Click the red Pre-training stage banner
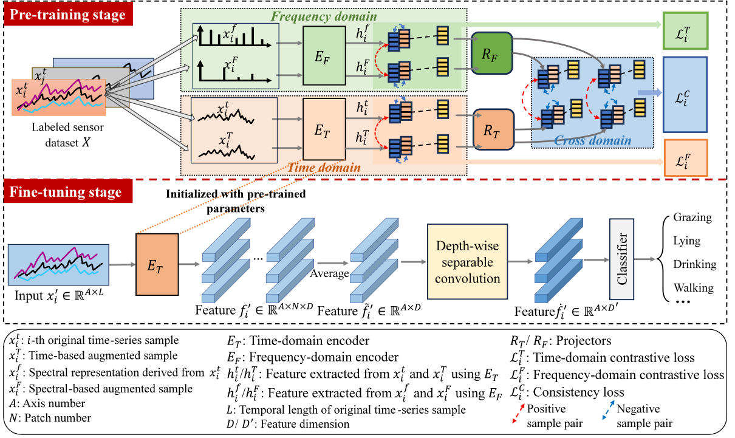67,15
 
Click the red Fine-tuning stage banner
66,193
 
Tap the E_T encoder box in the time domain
324,129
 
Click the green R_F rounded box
492,53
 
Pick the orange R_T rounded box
493,128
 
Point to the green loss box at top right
685,31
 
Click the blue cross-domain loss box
685,94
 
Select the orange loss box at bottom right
686,157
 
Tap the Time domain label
323,168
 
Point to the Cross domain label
592,141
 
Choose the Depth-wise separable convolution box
467,262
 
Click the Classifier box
621,259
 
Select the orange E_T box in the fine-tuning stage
157,264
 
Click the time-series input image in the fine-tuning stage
58,265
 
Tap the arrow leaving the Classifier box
645,259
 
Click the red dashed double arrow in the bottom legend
518,412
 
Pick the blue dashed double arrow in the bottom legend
608,410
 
